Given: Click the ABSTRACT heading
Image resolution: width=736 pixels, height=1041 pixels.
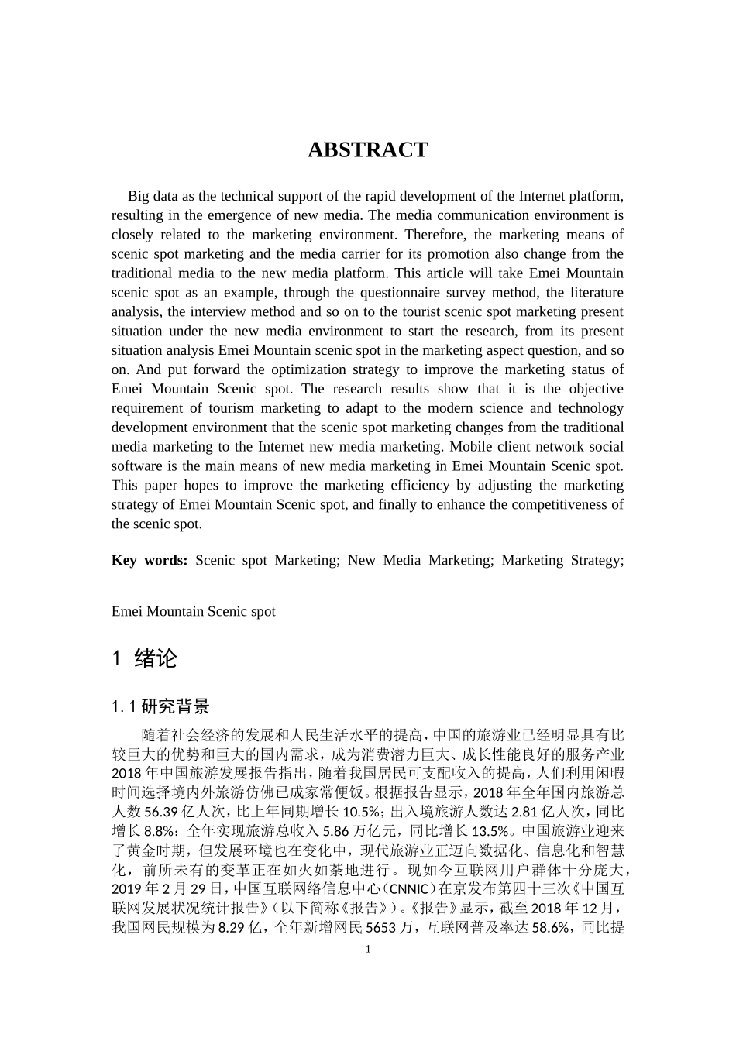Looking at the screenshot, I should click(367, 150).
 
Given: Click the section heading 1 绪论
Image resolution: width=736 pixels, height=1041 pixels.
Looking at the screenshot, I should click(145, 658).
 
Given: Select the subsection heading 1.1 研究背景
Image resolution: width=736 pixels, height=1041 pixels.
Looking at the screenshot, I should click(160, 706).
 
